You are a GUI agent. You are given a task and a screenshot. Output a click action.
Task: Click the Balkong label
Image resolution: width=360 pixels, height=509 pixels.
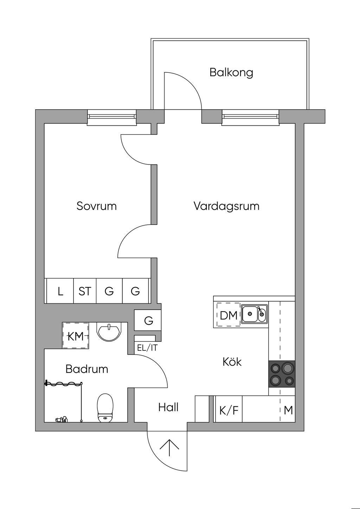click(x=231, y=72)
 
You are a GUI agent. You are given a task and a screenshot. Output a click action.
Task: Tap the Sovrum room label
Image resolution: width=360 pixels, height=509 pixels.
click(x=97, y=206)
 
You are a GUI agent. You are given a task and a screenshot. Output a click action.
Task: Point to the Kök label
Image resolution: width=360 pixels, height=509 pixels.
click(x=232, y=361)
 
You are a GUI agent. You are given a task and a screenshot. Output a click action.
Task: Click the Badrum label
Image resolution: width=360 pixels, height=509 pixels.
click(x=87, y=369)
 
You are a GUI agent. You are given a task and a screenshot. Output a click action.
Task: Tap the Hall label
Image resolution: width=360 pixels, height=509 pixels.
click(x=168, y=407)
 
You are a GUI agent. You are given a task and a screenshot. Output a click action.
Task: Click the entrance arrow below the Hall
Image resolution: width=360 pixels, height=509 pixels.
click(x=169, y=447)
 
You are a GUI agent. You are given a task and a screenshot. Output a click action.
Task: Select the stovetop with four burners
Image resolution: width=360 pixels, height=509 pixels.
click(x=282, y=374)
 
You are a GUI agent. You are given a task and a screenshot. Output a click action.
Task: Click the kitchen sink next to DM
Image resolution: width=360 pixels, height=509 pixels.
click(x=254, y=314)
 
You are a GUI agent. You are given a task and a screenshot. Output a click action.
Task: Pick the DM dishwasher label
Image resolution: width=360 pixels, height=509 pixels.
click(x=229, y=316)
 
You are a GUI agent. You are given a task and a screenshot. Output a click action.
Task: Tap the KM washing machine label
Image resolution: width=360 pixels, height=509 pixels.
click(x=76, y=336)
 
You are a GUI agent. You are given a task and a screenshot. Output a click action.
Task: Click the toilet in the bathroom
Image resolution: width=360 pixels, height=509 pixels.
click(x=105, y=408)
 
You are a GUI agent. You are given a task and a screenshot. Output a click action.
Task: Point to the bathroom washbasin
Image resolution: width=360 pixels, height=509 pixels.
click(x=109, y=331)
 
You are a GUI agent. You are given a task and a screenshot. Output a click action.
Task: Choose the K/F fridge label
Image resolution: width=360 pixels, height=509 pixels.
click(x=229, y=411)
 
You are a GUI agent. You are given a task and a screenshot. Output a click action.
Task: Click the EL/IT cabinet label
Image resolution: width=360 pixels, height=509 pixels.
click(x=147, y=348)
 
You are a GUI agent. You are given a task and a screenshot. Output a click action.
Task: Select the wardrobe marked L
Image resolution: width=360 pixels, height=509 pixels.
click(x=60, y=291)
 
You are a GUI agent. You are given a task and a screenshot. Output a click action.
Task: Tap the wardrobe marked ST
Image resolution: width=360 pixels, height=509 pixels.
click(x=85, y=291)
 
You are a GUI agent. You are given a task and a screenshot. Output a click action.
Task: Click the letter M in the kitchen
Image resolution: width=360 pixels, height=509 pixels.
click(x=288, y=410)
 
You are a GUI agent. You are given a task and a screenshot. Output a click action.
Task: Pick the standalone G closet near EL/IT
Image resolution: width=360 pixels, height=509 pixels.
click(x=148, y=320)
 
